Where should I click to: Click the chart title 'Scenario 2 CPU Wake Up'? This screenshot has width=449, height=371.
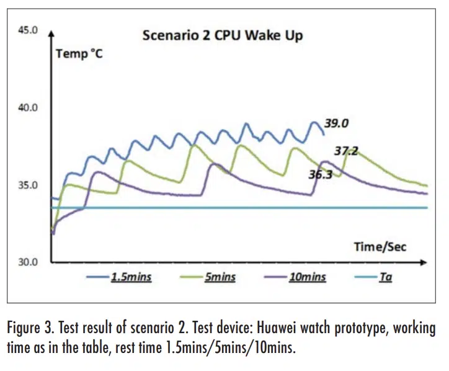(x=223, y=35)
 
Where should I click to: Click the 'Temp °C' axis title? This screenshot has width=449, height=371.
(x=79, y=53)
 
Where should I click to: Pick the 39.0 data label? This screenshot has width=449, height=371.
(x=336, y=123)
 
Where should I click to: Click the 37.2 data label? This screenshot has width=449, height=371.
(x=346, y=151)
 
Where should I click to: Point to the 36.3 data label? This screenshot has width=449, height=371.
(x=321, y=174)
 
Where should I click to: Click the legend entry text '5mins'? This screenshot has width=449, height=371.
(x=220, y=277)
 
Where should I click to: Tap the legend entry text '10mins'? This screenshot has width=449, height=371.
(x=308, y=277)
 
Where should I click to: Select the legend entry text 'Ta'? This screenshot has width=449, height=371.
(x=385, y=277)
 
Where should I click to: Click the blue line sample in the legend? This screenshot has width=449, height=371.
(x=97, y=278)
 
